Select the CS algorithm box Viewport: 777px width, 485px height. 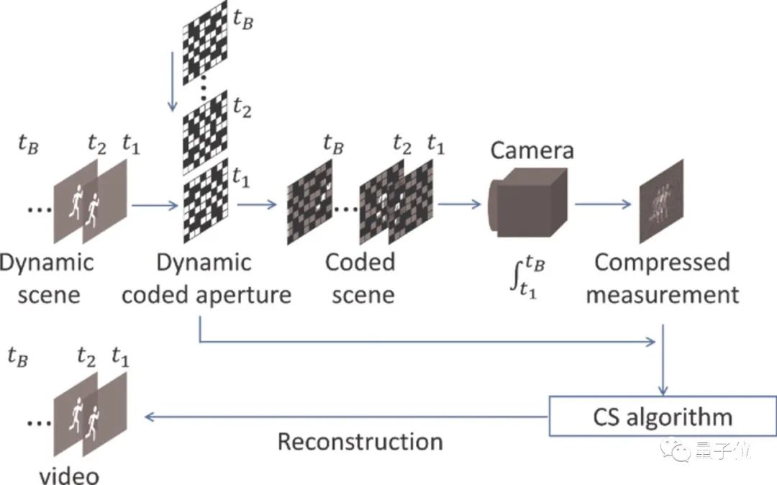coord(662,417)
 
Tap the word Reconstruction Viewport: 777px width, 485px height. coord(360,441)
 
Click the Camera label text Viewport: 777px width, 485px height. coord(532,150)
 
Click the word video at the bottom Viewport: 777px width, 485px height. coord(69,476)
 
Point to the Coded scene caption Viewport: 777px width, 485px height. coord(360,278)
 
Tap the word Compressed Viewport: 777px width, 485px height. coord(662,262)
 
